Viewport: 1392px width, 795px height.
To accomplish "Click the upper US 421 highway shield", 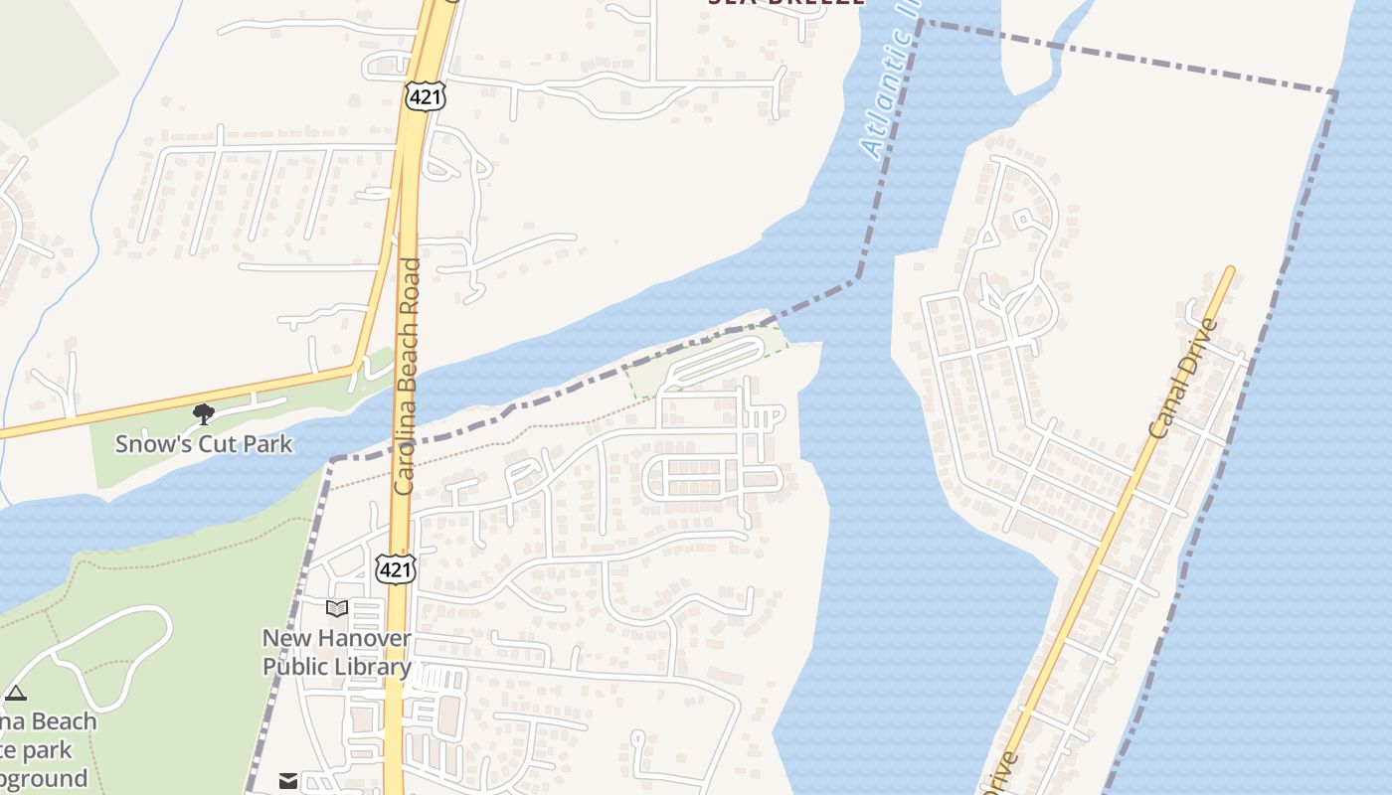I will click(426, 96).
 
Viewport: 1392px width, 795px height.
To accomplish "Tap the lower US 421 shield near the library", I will click(395, 568).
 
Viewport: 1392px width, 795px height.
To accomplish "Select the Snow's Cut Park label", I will click(204, 443).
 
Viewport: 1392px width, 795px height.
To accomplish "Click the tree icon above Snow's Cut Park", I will click(204, 413).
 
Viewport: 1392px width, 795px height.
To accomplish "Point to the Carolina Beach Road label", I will click(407, 377).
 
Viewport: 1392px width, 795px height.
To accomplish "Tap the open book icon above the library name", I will click(337, 608).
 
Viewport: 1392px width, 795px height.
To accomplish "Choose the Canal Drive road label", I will click(1182, 379).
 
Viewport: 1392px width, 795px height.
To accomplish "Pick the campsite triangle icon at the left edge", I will click(15, 693).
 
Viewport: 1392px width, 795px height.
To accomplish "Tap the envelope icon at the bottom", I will click(288, 781).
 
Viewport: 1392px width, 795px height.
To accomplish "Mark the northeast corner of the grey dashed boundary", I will click(1335, 92).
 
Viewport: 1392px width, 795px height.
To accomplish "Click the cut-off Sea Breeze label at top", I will click(785, 4).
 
